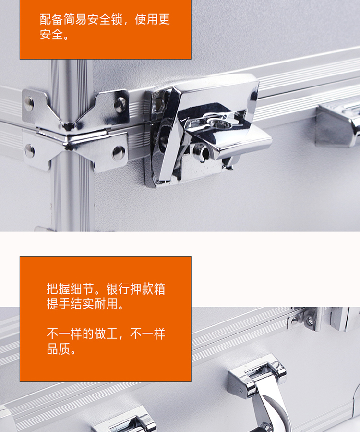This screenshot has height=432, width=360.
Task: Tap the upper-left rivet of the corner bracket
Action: click(29, 104)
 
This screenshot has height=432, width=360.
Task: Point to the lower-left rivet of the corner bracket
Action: click(29, 151)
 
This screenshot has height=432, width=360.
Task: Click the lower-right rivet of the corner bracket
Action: click(119, 153)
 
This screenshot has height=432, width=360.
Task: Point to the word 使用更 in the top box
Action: click(152, 20)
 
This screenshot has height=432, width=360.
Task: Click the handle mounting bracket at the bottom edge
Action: click(124, 420)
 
